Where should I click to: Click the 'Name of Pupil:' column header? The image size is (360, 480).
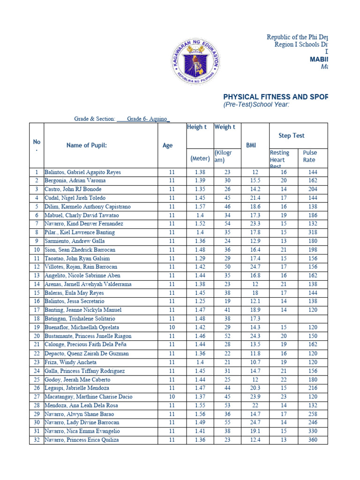86,145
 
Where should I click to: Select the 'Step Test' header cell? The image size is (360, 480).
291,135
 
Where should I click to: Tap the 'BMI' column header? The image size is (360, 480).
251,145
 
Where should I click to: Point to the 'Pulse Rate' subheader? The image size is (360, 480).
310,156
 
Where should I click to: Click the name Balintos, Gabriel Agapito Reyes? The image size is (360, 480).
82,172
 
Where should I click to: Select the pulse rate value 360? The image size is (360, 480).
313,440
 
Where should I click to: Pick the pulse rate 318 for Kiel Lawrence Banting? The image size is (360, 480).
313,232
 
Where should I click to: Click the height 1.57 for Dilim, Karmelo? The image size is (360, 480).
200,207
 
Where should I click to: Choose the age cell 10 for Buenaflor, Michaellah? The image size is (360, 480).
172,328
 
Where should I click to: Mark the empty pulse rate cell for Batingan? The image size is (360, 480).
313,319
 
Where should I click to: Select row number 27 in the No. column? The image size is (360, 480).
36,397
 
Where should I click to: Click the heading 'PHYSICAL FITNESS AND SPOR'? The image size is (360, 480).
275,97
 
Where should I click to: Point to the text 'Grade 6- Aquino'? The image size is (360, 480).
148,119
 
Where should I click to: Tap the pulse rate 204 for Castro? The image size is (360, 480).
313,189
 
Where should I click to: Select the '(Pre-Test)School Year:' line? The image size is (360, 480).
256,105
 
